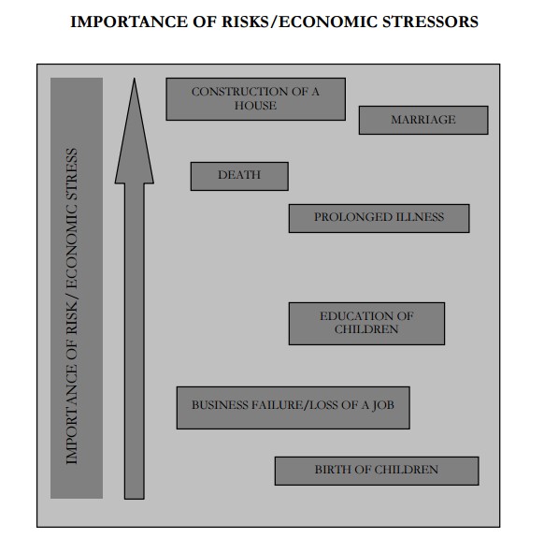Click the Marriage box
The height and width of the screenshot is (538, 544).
(423, 120)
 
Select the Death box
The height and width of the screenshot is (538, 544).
(239, 176)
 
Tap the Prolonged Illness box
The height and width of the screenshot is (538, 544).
(379, 218)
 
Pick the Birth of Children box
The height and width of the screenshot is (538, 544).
(377, 471)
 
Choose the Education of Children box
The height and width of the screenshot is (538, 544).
(366, 324)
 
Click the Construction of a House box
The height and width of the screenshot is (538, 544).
(256, 99)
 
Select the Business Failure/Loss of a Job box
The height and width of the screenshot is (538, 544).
(293, 408)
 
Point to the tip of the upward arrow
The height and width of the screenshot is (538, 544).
(135, 79)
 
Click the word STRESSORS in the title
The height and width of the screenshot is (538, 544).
(430, 22)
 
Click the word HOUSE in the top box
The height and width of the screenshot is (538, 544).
(255, 106)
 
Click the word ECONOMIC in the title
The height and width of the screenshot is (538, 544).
(328, 22)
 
